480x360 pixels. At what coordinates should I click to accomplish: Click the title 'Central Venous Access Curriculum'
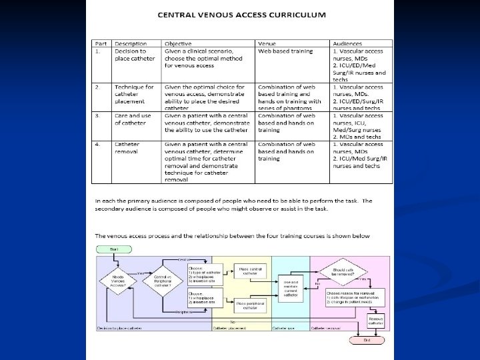point(241,14)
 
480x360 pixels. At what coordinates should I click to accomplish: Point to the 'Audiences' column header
point(348,44)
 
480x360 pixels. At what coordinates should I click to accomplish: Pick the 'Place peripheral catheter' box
point(246,305)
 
